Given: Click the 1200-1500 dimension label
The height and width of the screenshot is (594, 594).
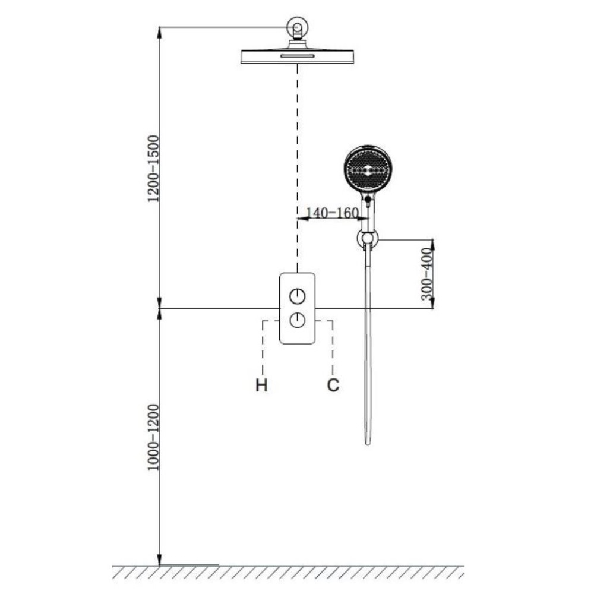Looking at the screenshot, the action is [153, 169].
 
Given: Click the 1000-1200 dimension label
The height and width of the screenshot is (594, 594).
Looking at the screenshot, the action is [153, 438].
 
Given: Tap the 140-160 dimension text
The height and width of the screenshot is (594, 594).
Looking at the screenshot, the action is [332, 213].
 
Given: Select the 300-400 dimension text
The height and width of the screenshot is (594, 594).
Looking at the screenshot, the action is [426, 273].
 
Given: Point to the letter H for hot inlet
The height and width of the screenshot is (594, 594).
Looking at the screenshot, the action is [261, 386].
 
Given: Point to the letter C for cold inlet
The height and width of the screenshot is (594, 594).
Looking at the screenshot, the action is [333, 386].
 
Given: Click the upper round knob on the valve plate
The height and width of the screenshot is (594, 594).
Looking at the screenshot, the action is [298, 296].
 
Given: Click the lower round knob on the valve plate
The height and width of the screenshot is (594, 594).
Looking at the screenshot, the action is [298, 321].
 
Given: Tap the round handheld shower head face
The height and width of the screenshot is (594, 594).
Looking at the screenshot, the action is [368, 169].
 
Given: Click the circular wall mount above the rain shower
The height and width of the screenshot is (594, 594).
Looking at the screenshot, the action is [298, 28].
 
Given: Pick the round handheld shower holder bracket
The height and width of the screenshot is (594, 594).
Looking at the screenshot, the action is [368, 239].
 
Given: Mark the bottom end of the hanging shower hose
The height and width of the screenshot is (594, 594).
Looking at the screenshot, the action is [368, 444].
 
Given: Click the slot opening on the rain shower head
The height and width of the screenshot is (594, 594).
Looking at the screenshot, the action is [298, 56].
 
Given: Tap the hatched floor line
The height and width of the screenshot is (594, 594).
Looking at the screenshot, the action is [288, 572].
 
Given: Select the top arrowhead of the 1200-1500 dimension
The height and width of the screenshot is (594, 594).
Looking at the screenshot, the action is [159, 33].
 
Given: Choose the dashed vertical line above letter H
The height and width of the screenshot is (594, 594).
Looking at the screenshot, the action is [263, 347].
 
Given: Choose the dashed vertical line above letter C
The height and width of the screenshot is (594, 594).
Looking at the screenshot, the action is [333, 347].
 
